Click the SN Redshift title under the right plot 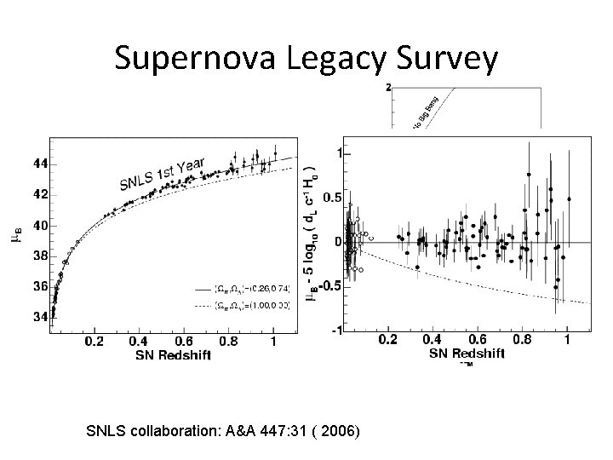pyautogui.click(x=466, y=353)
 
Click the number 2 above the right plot pyautogui.click(x=388, y=88)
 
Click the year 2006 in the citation pyautogui.click(x=339, y=432)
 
